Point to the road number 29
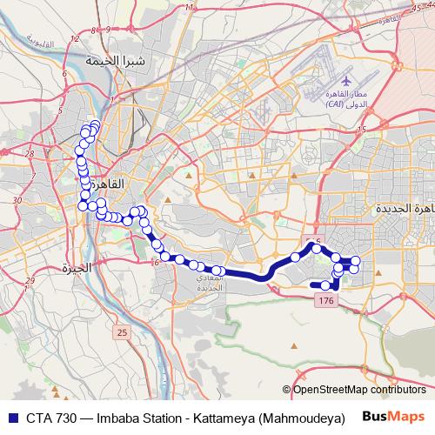click(30, 280)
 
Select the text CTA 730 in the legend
click(43, 415)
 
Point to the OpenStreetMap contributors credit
click(358, 390)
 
